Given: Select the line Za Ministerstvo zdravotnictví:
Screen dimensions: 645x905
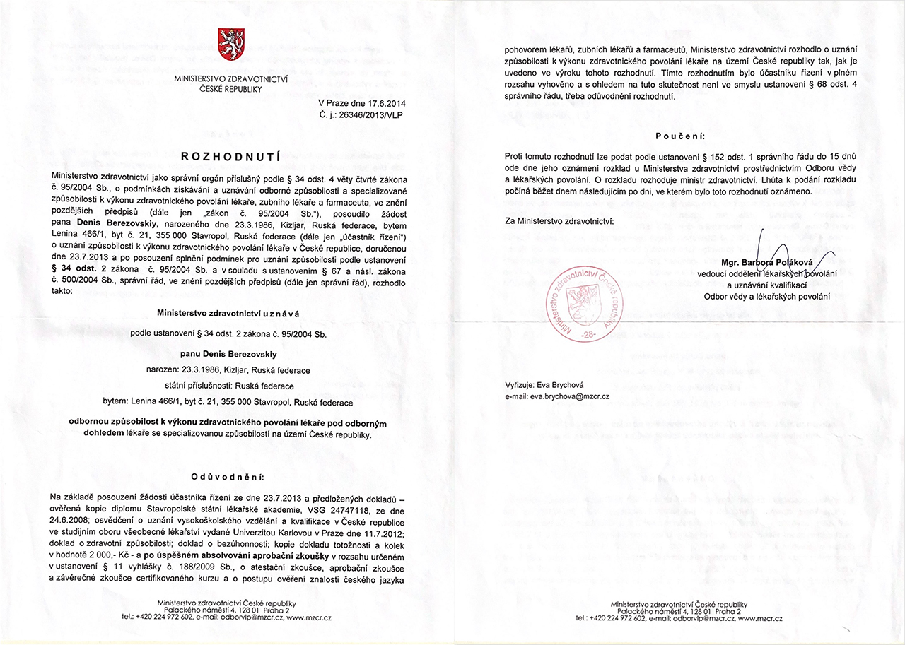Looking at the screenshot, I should pyautogui.click(x=559, y=220).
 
